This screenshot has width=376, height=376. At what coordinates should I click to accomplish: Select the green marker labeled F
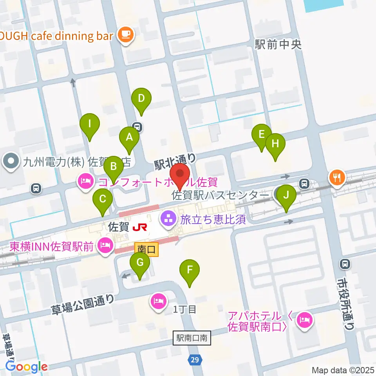point(190,270)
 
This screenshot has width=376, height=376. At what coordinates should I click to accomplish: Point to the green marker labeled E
point(262,135)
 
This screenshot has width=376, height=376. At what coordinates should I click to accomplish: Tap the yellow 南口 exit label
point(146,249)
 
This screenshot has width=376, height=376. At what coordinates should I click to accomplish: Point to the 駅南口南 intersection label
point(192,338)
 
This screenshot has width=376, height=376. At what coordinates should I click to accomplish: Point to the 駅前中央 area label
point(278,45)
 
